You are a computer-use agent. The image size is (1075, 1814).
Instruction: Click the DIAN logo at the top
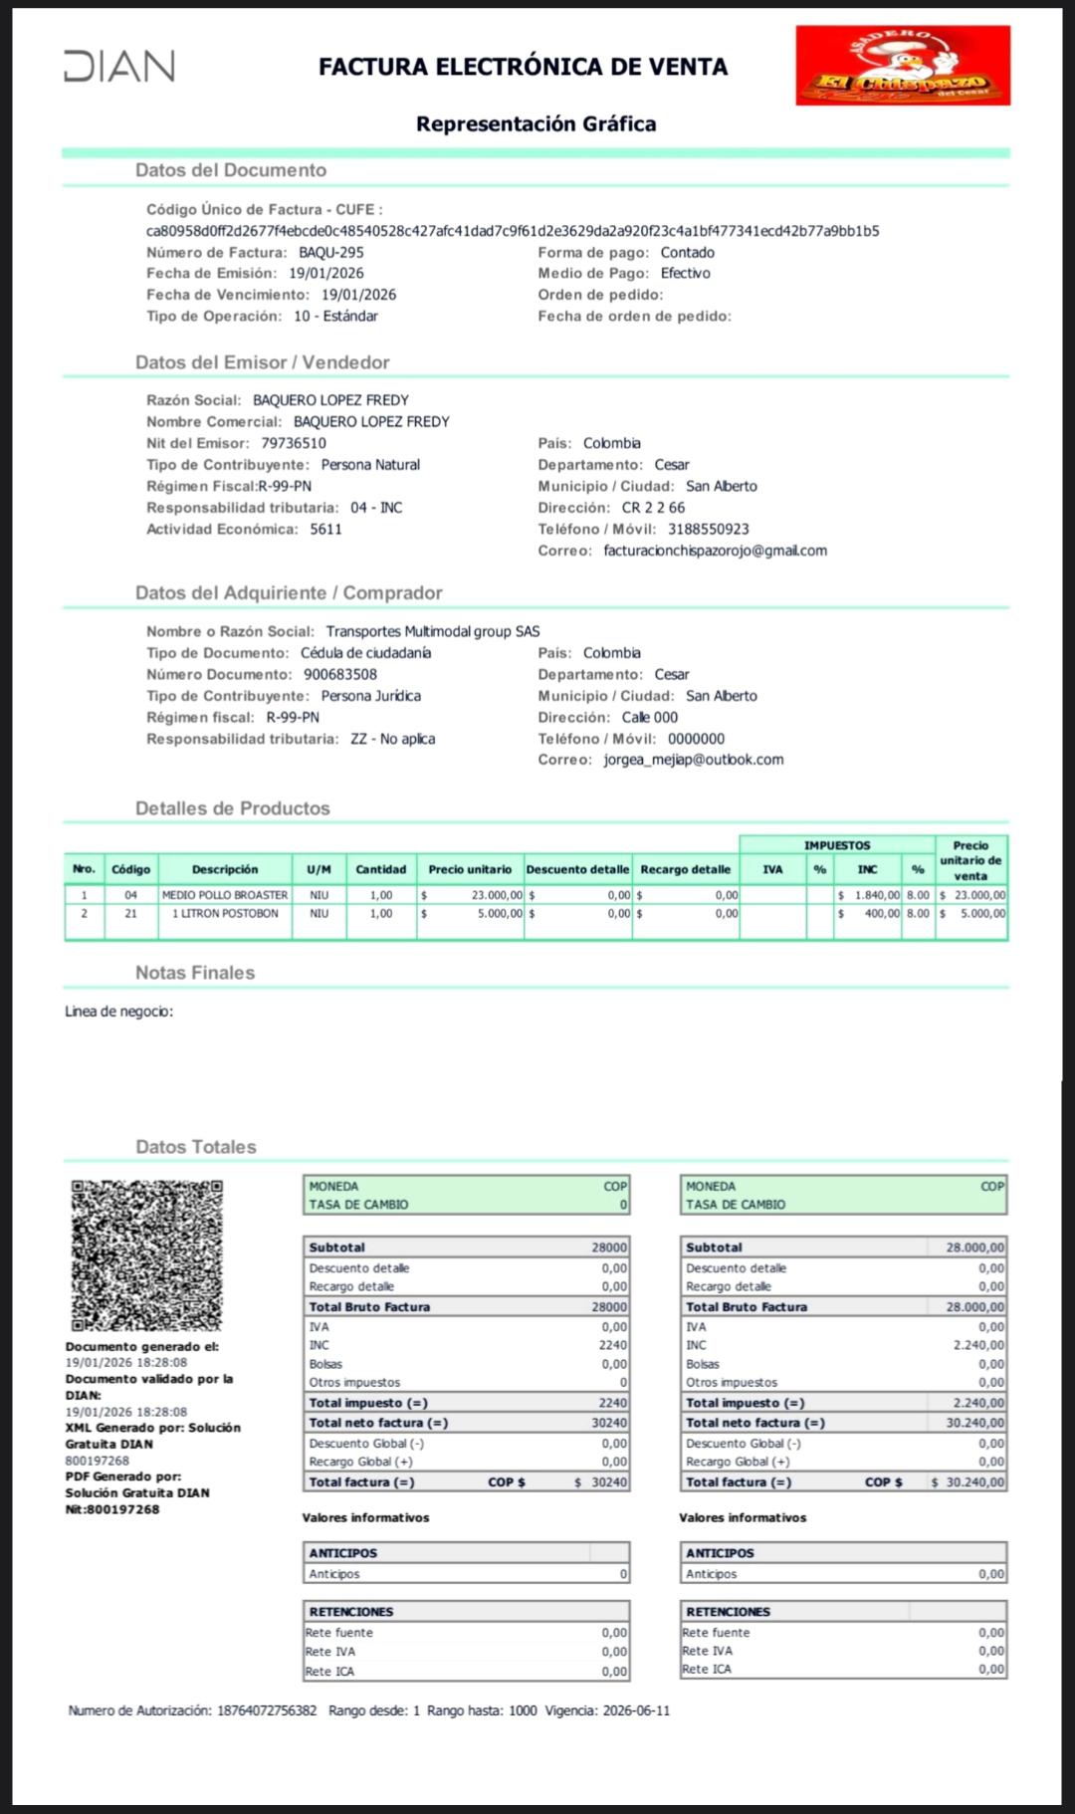click(x=119, y=66)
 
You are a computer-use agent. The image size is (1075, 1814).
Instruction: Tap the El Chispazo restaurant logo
click(x=903, y=67)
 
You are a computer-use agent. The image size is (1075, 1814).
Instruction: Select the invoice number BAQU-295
click(x=331, y=253)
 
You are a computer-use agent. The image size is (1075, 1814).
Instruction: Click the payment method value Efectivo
click(x=685, y=274)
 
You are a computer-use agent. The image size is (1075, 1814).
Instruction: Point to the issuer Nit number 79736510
click(x=294, y=444)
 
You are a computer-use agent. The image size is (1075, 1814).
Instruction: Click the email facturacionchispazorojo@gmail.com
click(x=715, y=551)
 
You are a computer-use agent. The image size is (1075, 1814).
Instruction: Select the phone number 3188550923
click(x=708, y=530)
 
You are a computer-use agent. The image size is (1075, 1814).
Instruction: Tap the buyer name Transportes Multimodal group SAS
click(x=432, y=632)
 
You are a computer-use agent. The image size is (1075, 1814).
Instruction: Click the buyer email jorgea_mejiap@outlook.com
click(x=693, y=760)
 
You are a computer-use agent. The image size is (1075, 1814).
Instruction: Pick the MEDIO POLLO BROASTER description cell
click(x=225, y=895)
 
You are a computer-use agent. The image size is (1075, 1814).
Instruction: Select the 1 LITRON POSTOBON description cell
click(x=225, y=914)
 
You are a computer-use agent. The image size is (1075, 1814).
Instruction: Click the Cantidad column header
click(x=381, y=869)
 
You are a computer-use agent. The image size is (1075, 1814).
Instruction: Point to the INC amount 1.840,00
click(x=877, y=895)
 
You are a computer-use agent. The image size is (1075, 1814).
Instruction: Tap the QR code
click(x=146, y=1255)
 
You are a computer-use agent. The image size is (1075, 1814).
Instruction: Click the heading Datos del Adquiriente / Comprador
click(x=289, y=593)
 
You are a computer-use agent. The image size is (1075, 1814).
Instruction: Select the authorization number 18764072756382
click(x=267, y=1710)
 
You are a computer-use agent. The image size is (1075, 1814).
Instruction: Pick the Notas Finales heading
click(x=195, y=973)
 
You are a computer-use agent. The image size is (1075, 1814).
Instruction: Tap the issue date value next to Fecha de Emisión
click(x=326, y=274)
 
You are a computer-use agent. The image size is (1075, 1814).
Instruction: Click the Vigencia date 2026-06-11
click(x=636, y=1710)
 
